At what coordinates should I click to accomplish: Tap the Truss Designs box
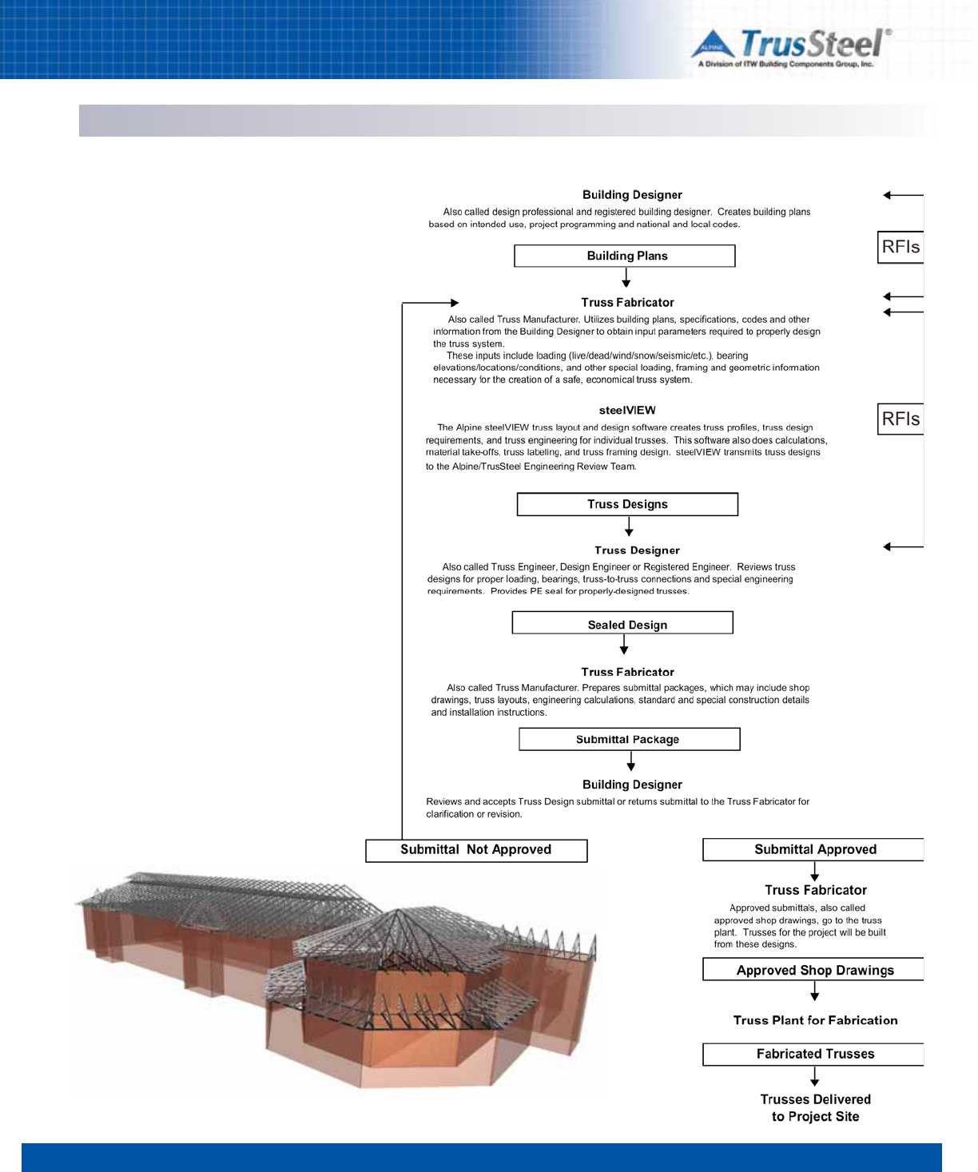(x=627, y=504)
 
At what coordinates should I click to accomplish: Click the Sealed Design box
(x=622, y=623)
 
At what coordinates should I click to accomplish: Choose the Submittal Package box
(x=629, y=739)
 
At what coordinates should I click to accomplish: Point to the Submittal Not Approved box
(x=476, y=850)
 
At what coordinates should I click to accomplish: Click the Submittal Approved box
(x=813, y=849)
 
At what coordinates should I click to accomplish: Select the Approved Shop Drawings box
(x=813, y=970)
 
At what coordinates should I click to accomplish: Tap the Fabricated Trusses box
(x=813, y=1054)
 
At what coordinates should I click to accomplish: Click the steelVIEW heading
(x=627, y=410)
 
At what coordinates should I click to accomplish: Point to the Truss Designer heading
(x=637, y=550)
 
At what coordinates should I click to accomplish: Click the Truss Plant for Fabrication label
(x=815, y=1020)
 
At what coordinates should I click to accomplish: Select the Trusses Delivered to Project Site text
(x=815, y=1108)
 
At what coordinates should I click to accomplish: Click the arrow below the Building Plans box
(x=626, y=278)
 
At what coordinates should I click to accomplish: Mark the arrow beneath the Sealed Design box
(x=624, y=645)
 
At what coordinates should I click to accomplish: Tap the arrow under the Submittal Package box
(x=630, y=761)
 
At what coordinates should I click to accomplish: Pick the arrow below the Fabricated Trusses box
(x=814, y=1077)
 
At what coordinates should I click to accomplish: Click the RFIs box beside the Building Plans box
(x=900, y=247)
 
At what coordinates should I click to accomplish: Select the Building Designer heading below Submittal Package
(x=632, y=785)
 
